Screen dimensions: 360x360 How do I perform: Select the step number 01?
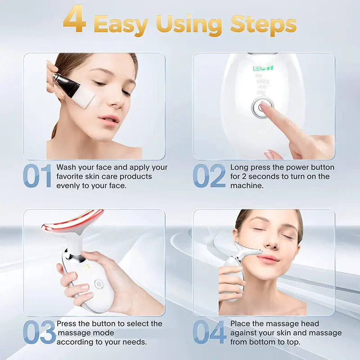click(38, 176)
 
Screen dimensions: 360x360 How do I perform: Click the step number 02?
click(210, 176)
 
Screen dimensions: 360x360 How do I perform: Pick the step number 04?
click(210, 333)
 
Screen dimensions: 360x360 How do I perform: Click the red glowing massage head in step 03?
click(72, 223)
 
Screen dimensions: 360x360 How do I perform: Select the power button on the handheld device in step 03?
click(98, 284)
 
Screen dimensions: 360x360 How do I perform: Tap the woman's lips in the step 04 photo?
click(268, 258)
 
